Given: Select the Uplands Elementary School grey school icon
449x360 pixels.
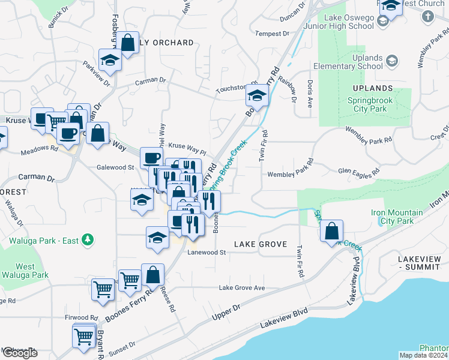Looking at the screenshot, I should [x=392, y=61].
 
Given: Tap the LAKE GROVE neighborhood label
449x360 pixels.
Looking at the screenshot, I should [x=261, y=244].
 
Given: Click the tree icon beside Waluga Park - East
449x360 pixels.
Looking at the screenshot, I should [x=88, y=240].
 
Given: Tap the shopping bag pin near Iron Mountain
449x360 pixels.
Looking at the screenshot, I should [x=331, y=231].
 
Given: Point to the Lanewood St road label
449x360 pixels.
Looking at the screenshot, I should [x=205, y=253].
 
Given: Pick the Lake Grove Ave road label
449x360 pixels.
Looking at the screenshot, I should [x=241, y=288].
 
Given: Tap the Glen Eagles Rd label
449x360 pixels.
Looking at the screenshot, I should [x=359, y=172].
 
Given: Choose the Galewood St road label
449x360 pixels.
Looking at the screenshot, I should [x=115, y=167].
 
